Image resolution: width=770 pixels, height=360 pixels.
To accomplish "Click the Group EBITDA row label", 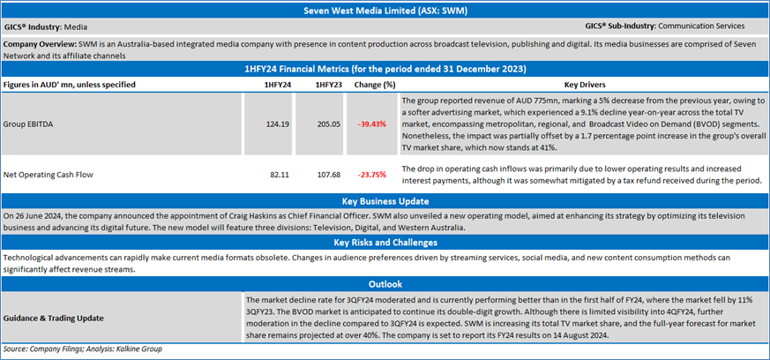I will pyautogui.click(x=29, y=125).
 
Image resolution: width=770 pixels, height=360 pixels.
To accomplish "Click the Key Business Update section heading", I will pyautogui.click(x=385, y=201).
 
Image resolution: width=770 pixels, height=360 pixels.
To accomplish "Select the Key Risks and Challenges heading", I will pyautogui.click(x=385, y=241).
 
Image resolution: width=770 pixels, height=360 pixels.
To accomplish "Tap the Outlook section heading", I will pyautogui.click(x=385, y=284).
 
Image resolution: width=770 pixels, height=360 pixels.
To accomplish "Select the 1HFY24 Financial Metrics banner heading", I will pyautogui.click(x=385, y=68).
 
